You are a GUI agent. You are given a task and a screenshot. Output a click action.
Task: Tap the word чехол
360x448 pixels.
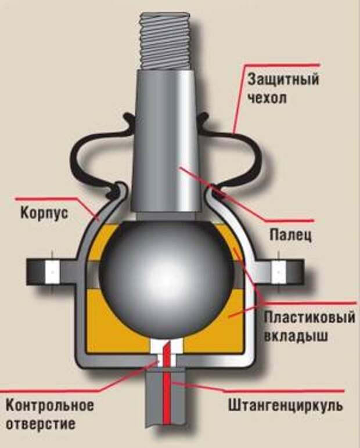pyautogui.click(x=267, y=99)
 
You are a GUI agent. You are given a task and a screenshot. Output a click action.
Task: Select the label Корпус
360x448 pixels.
pyautogui.click(x=44, y=213)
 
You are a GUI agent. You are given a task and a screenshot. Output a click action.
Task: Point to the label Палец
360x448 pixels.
pyautogui.click(x=290, y=236)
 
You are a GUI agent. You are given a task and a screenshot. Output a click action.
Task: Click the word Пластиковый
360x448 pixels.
pyautogui.click(x=309, y=317)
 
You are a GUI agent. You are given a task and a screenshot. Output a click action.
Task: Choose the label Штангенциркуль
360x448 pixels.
pyautogui.click(x=285, y=406)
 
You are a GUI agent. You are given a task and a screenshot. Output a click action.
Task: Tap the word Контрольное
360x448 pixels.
pyautogui.click(x=50, y=406)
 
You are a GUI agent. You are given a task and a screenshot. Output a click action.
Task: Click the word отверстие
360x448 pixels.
pyautogui.click(x=41, y=424)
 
